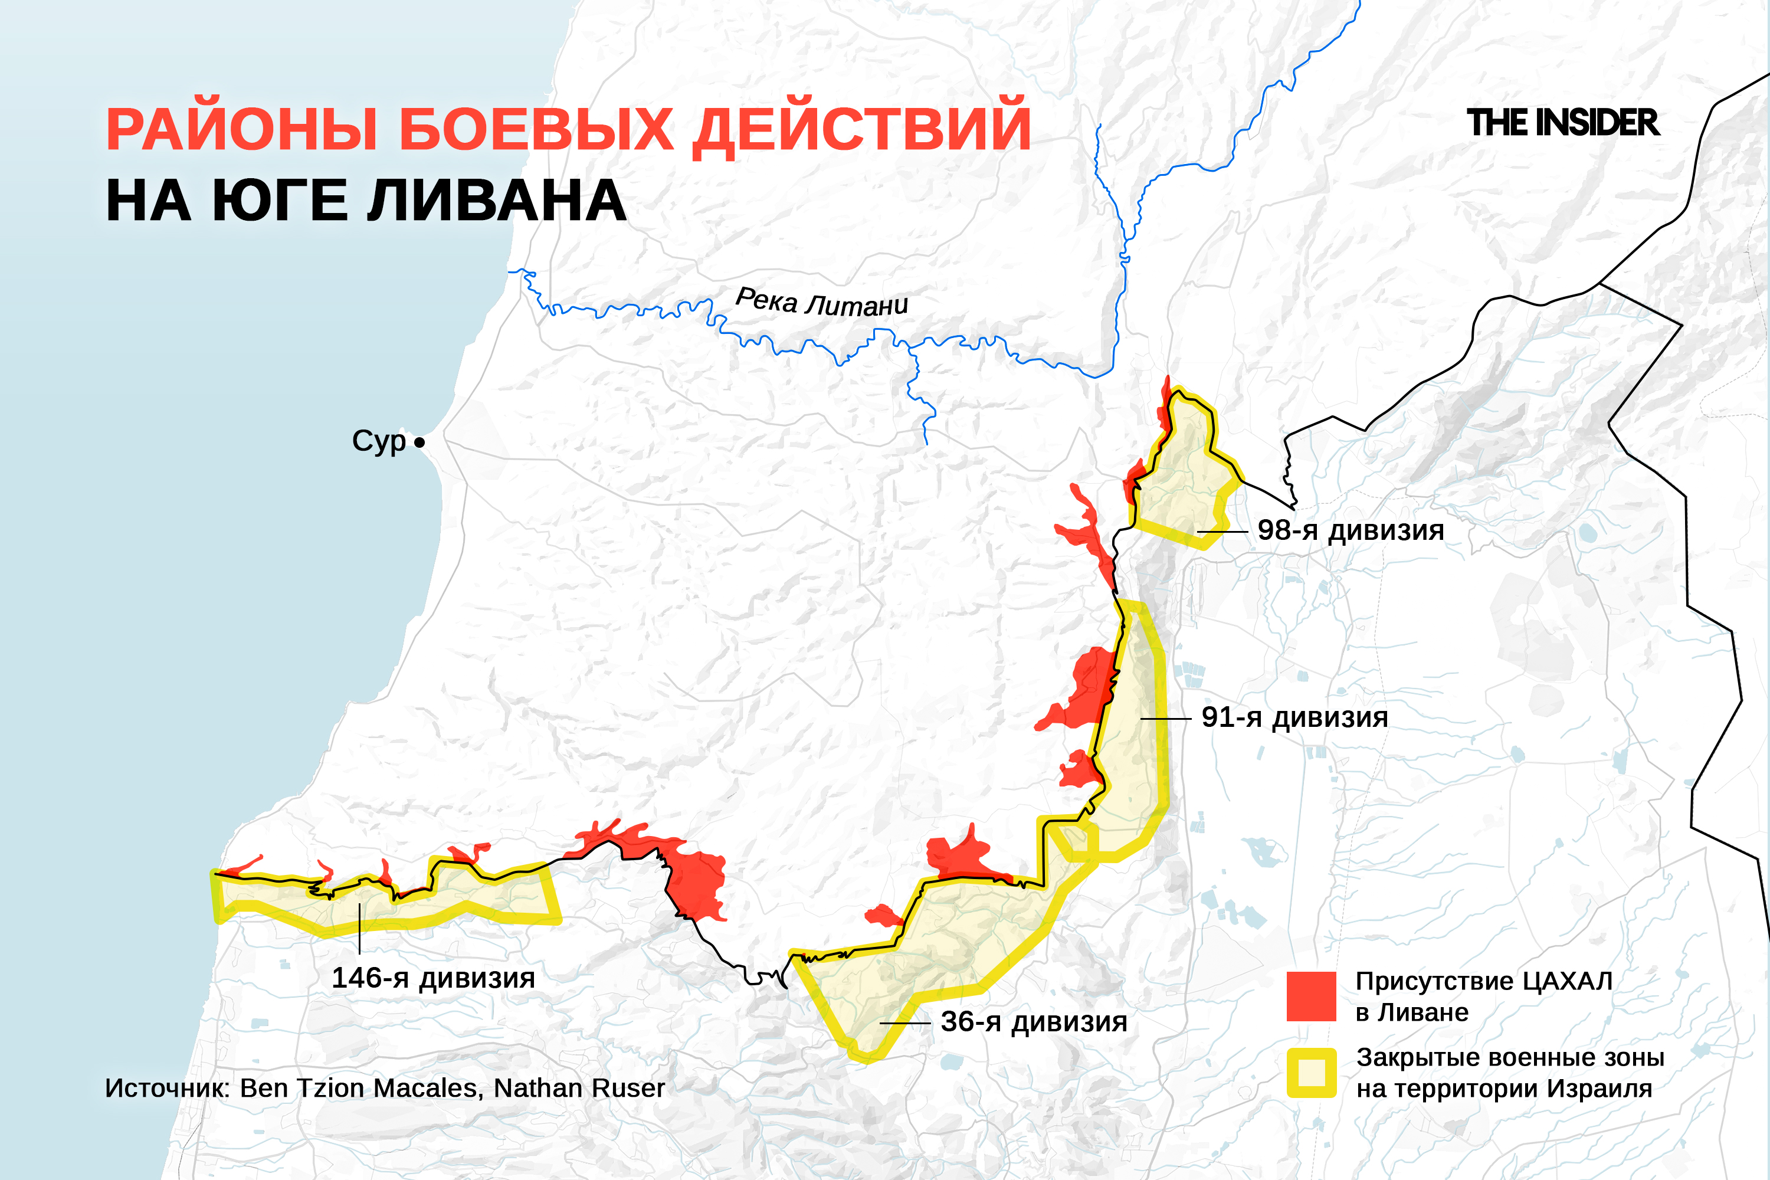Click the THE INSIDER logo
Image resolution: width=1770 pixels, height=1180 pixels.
(1562, 123)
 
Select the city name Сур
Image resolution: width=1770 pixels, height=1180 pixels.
(379, 441)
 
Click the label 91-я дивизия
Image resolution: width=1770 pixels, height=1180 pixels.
(1294, 717)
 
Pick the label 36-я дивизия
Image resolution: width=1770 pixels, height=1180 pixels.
(1034, 1022)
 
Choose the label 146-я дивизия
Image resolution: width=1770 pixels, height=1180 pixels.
(434, 978)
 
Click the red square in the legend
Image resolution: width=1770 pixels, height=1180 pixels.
(1311, 997)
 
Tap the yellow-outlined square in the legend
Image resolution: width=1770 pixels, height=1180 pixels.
(1311, 1073)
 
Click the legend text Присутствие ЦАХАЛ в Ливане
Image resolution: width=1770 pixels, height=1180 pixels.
(1483, 997)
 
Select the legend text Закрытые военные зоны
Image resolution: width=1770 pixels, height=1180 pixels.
(1510, 1057)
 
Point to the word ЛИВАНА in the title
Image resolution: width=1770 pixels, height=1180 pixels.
(497, 201)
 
